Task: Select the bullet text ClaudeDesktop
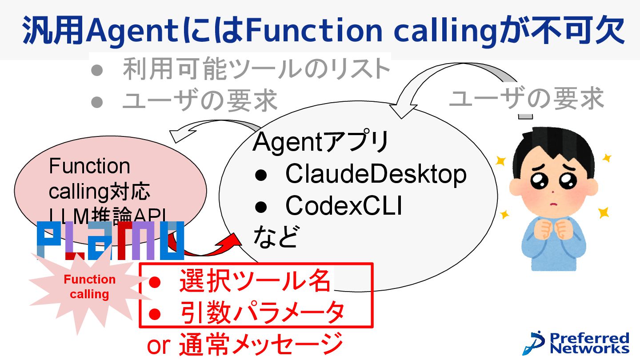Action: tap(376, 174)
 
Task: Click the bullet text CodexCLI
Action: tap(344, 206)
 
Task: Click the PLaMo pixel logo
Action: tap(110, 240)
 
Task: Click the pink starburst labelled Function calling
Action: tap(89, 287)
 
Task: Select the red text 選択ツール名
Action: tap(255, 281)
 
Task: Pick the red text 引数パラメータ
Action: tap(262, 312)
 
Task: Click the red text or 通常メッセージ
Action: tap(245, 344)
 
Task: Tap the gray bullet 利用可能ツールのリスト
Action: tap(256, 69)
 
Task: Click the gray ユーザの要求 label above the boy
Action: tap(527, 98)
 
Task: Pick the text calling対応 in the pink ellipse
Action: tap(100, 193)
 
